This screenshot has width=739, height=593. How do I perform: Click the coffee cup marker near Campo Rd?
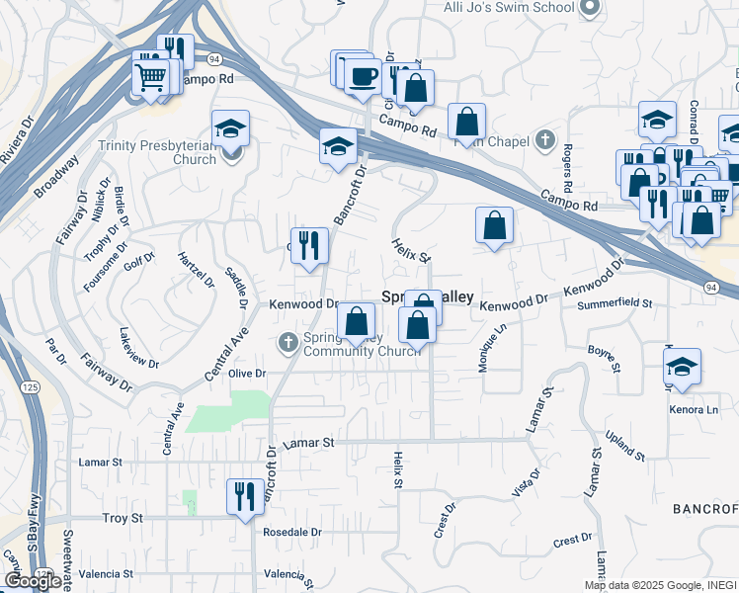[x=363, y=75]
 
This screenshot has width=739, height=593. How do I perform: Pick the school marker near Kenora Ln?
[x=682, y=366]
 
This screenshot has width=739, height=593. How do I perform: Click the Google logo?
[x=33, y=581]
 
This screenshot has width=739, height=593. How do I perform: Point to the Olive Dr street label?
[x=248, y=374]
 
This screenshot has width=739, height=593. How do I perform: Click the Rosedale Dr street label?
[x=292, y=532]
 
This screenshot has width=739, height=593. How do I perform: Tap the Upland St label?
[x=625, y=447]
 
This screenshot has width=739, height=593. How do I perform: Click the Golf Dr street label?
[x=140, y=261]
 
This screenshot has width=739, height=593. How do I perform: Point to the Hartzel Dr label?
[x=195, y=268]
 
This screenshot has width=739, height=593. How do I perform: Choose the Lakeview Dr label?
[x=138, y=348]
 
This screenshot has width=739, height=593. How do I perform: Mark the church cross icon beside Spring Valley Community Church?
[x=288, y=342]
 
